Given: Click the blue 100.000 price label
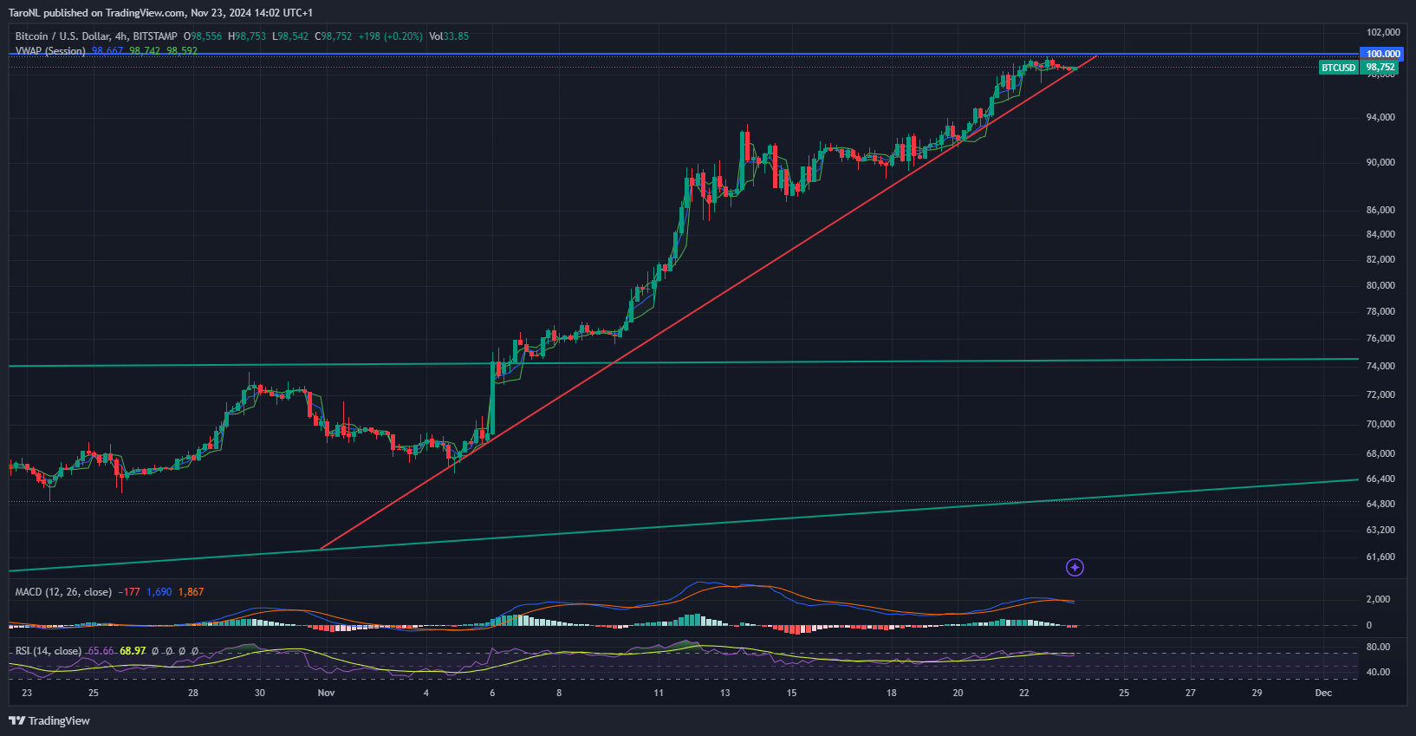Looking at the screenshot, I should click(1383, 54).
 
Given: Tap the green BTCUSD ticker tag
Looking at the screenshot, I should click(1338, 68).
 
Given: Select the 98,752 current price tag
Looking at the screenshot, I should click(1380, 68).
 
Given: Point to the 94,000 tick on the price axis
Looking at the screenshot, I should click(1380, 117).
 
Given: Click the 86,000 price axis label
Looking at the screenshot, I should click(1380, 210).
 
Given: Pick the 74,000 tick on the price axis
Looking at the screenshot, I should click(1380, 366).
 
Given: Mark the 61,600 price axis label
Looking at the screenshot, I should click(1380, 557).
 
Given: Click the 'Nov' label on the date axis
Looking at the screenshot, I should click(326, 693).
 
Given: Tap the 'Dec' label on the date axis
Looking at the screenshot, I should click(1323, 693).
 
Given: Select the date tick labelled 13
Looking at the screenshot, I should click(725, 693).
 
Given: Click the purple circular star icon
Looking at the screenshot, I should click(1075, 568).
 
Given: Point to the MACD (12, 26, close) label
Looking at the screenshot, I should click(63, 592).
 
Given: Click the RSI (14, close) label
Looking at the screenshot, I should click(49, 651).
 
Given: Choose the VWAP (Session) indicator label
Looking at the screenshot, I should click(50, 51).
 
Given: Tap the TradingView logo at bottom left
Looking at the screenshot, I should click(49, 720).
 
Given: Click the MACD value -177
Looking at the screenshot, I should click(129, 592).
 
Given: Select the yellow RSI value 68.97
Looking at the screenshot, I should click(133, 651).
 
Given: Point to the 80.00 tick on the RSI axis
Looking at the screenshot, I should click(1378, 647).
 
